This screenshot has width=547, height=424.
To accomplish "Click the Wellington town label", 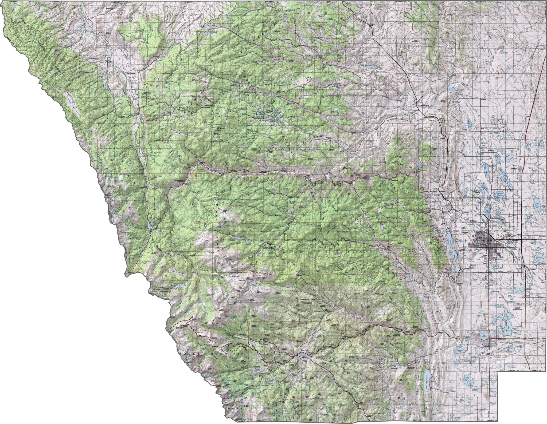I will [514, 168].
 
